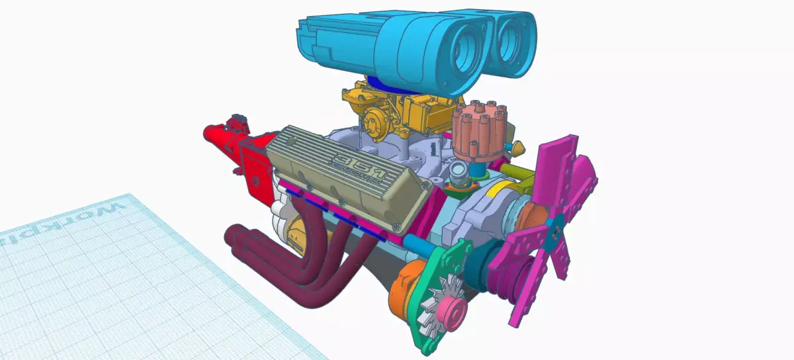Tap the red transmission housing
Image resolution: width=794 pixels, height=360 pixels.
(232, 146)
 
